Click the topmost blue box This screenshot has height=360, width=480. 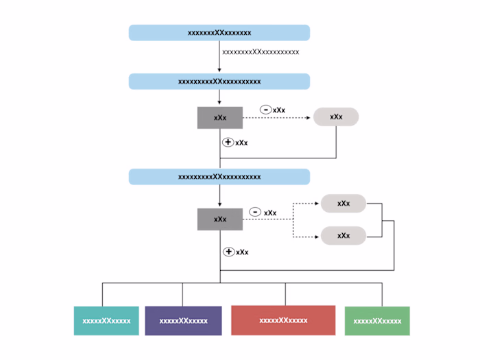(x=219, y=33)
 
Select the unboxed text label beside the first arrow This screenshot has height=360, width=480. (x=261, y=52)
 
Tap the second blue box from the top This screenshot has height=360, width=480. (x=219, y=82)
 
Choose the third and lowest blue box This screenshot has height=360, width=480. (x=219, y=177)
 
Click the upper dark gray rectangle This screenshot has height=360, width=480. (x=219, y=118)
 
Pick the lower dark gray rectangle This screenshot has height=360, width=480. (x=219, y=219)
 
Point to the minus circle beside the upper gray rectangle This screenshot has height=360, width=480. (x=265, y=110)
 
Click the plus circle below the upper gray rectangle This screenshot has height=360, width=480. (x=228, y=142)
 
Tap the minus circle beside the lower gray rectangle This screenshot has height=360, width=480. (x=255, y=213)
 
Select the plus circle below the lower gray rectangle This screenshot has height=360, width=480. (x=229, y=252)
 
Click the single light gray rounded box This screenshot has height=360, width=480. (x=336, y=117)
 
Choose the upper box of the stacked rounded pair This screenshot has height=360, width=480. (x=344, y=204)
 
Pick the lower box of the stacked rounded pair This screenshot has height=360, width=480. (x=344, y=236)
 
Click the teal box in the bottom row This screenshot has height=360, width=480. (x=106, y=321)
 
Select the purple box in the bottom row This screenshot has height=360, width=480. (x=183, y=321)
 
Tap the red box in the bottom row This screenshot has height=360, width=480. (x=283, y=320)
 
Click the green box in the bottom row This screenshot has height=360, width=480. (x=377, y=321)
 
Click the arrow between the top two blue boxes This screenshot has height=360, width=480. (x=219, y=58)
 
